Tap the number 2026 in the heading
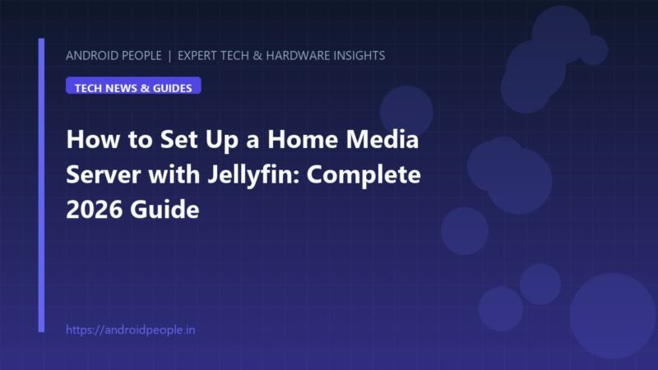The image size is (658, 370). point(95,210)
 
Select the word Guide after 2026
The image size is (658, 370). point(164,210)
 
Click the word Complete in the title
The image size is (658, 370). point(364,174)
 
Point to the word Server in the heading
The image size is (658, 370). point(104,174)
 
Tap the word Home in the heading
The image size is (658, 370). point(303,139)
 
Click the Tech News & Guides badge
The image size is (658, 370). point(133,86)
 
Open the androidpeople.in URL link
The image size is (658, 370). point(131,330)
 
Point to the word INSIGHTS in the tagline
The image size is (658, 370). point(359,55)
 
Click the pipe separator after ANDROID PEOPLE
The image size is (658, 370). point(169,56)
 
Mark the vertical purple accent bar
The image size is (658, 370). point(41,185)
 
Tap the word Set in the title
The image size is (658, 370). point(178,139)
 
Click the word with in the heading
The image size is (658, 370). point(174,174)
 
